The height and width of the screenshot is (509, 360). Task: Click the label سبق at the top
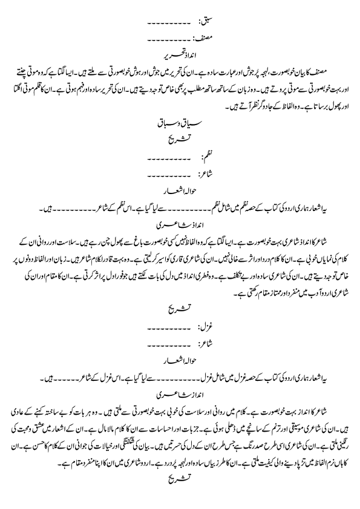tap(203, 24)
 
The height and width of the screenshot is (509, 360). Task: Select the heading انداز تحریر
tap(180, 53)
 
